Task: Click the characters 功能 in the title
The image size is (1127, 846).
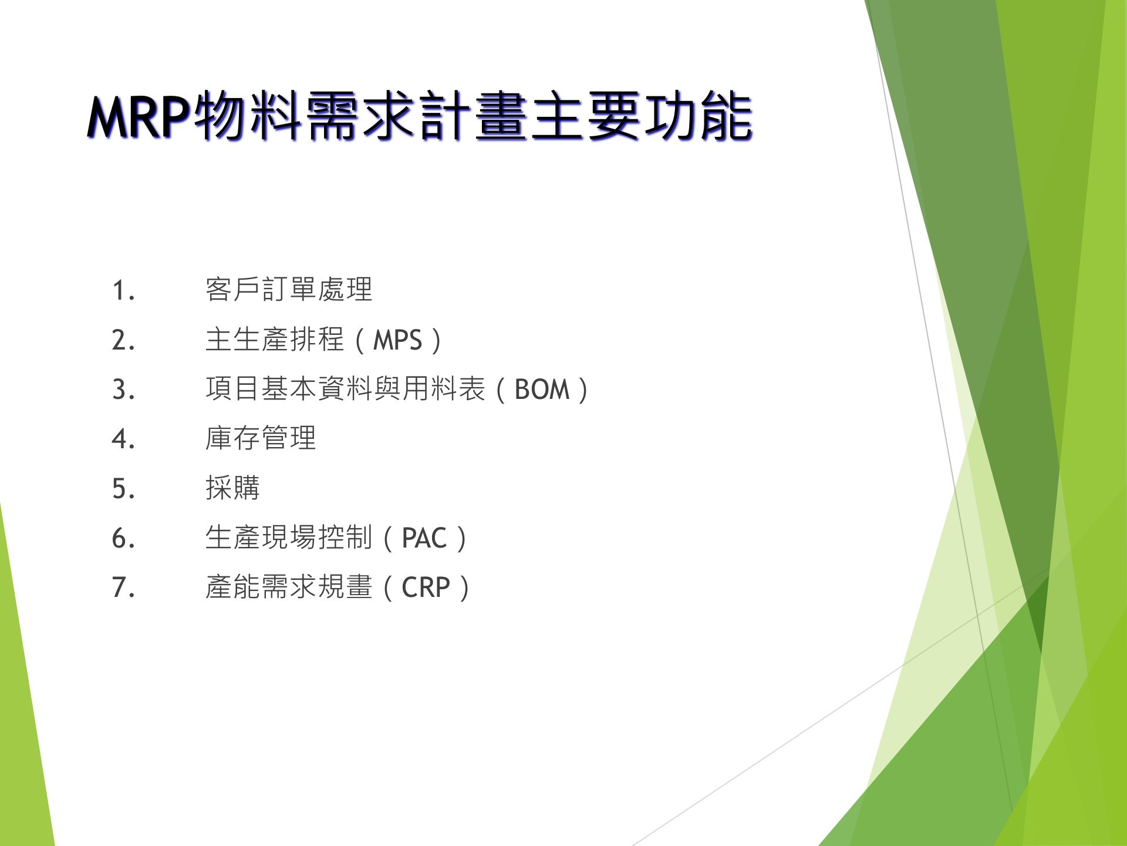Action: coord(698,116)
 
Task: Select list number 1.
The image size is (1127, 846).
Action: coord(123,290)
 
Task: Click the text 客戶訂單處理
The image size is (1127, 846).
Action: coord(289,289)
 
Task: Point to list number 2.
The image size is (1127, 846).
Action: coord(123,340)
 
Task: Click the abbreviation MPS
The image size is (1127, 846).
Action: coord(397,340)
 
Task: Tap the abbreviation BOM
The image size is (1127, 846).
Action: coord(542,390)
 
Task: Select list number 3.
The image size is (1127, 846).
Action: coord(123,390)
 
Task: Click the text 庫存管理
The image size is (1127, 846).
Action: coord(261,438)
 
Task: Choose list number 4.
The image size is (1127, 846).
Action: coord(123,439)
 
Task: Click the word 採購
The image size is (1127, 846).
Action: coord(232,488)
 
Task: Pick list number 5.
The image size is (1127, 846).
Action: coord(123,489)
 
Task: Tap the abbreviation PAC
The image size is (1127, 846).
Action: coord(424,538)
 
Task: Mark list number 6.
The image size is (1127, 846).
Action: coord(123,538)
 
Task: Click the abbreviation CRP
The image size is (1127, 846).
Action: coord(426,587)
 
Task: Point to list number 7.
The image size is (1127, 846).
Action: coord(123,587)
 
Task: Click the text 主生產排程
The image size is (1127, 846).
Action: coord(274,340)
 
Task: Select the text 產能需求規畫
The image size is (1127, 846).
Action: coord(289,587)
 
